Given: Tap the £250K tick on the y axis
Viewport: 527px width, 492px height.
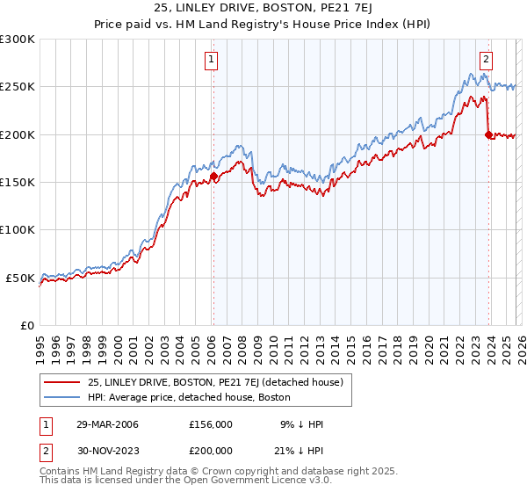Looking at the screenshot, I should pos(18,87).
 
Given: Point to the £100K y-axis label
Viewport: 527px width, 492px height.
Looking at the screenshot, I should pos(18,229).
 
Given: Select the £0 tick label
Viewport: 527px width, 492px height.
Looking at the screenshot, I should pos(26,325).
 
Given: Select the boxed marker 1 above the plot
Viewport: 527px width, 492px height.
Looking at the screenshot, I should pos(213,60).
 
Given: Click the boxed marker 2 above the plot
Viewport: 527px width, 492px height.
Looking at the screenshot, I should pos(486,60).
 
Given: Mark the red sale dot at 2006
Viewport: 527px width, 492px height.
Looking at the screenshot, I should pos(213,177).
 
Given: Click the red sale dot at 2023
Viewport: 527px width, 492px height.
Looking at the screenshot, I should pos(488,134).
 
